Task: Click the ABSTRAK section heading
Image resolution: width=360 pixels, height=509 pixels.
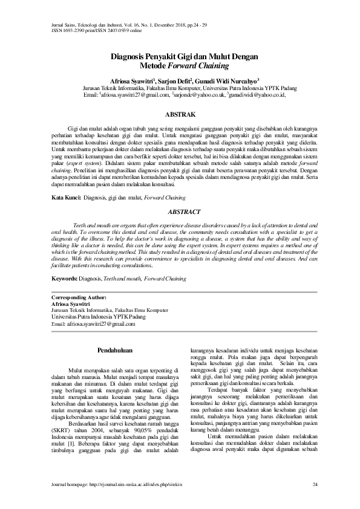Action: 180,113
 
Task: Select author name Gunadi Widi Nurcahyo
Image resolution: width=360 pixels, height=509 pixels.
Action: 229,79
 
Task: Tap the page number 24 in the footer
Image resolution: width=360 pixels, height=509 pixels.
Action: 315,485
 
